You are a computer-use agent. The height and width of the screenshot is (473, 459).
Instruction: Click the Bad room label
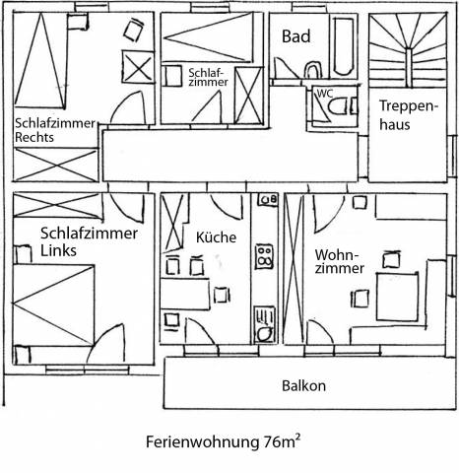295,36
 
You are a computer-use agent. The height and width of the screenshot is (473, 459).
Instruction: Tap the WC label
325,94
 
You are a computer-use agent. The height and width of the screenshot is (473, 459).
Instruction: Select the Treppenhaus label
409,115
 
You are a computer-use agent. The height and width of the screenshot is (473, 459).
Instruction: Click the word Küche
216,237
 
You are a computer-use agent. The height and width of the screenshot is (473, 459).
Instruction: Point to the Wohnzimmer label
340,261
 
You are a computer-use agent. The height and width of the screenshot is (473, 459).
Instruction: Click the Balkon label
303,386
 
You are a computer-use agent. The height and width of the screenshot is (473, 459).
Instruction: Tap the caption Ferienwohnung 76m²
223,441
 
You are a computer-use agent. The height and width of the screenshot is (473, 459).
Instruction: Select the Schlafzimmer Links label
89,241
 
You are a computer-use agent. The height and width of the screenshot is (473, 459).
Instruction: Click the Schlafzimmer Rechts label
55,130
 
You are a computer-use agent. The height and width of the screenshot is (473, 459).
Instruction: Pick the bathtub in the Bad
344,46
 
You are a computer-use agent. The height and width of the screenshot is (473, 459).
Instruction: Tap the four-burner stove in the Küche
264,256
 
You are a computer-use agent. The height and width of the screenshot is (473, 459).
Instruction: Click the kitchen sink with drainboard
264,325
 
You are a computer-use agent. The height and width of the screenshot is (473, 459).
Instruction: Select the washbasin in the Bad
312,69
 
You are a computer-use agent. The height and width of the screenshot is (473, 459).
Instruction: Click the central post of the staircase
408,68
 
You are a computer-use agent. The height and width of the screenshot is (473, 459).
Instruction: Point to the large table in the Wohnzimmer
397,297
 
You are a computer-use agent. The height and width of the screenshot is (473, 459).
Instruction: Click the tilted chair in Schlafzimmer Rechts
133,30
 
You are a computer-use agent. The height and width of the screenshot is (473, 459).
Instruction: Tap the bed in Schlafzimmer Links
53,304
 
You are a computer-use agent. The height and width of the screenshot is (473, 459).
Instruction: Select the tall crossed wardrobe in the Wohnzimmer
294,269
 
